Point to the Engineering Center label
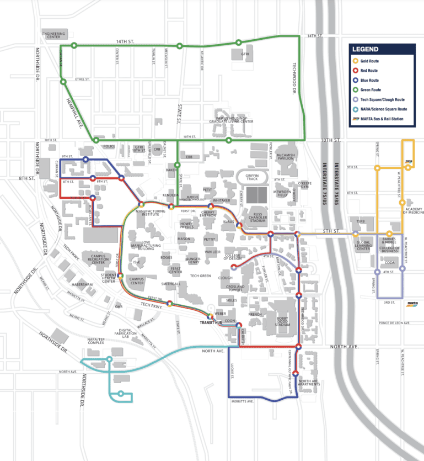pos(53,35)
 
